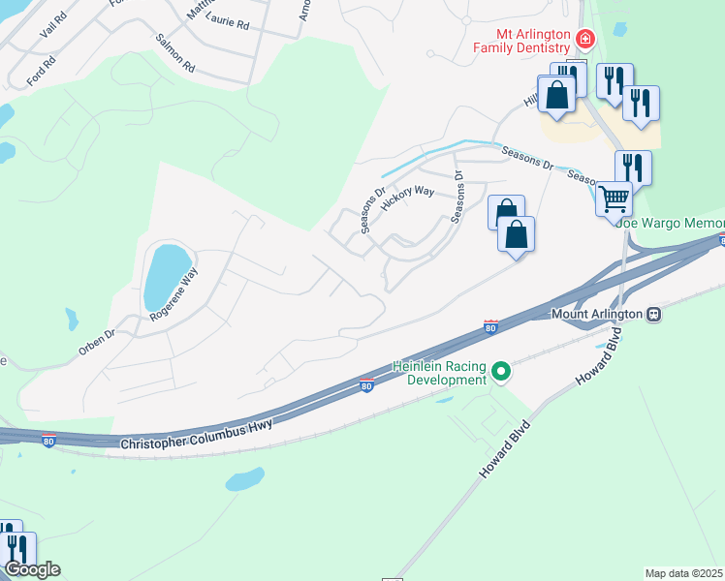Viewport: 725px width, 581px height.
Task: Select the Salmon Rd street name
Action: coord(175,54)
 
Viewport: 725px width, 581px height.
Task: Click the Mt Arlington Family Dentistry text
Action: coord(520,40)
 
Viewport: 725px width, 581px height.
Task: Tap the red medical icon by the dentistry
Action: coord(584,40)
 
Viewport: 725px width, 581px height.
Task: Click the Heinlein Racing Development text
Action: coord(438,373)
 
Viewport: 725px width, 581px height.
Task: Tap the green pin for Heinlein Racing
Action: coord(501,371)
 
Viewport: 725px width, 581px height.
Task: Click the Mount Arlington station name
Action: coord(597,314)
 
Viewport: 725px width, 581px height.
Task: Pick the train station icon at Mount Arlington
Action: coord(654,314)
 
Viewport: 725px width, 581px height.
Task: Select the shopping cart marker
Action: coord(613,199)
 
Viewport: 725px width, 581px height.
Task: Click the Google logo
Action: coord(31,569)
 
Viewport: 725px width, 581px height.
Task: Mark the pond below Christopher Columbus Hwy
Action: coord(244,479)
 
